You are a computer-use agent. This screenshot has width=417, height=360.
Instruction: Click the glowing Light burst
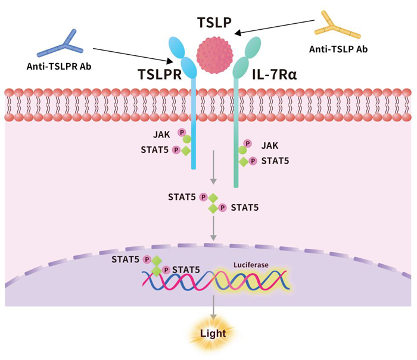tap(213, 333)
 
